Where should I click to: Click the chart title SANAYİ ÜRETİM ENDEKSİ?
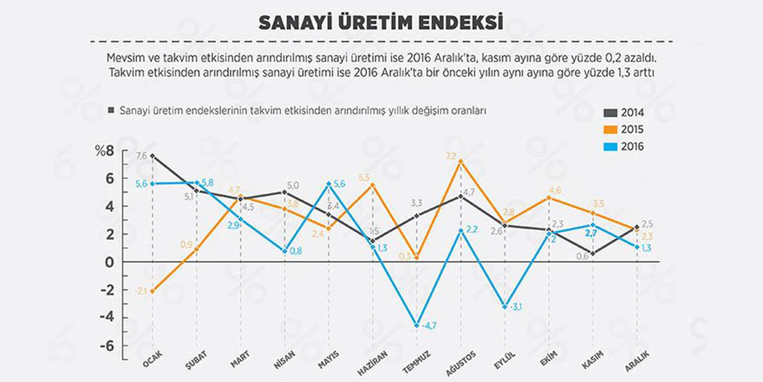tap(381, 23)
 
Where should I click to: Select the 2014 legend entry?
tap(624, 113)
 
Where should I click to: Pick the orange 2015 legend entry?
tap(624, 130)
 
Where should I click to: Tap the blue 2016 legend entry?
tap(624, 147)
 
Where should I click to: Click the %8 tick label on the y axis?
tap(104, 151)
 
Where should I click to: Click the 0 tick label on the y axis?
tap(109, 262)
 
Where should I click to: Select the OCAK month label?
tap(152, 359)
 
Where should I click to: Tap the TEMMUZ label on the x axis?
tap(416, 362)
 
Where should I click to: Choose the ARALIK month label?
tap(637, 362)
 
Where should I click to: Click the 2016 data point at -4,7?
tap(417, 325)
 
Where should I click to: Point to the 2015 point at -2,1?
tap(152, 291)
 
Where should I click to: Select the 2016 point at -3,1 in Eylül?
tap(505, 307)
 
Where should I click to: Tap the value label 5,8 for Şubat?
tap(207, 183)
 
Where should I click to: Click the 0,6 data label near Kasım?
tap(582, 256)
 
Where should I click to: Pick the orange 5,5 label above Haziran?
tap(364, 177)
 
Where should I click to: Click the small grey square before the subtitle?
tap(111, 110)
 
